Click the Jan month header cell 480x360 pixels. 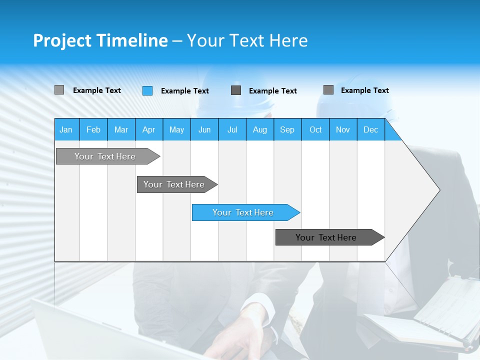pyautogui.click(x=66, y=129)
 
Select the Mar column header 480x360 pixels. pyautogui.click(x=121, y=129)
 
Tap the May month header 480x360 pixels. pyautogui.click(x=176, y=129)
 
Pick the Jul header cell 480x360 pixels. pyautogui.click(x=232, y=129)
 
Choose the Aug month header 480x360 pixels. pyautogui.click(x=259, y=129)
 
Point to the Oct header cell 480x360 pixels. pyautogui.click(x=315, y=129)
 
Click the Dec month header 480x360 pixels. pyautogui.click(x=370, y=129)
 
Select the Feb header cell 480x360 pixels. pyautogui.click(x=93, y=129)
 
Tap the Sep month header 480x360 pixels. pyautogui.click(x=287, y=129)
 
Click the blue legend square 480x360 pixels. pyautogui.click(x=147, y=90)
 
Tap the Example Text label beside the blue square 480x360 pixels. pyautogui.click(x=184, y=91)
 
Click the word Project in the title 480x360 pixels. pyautogui.click(x=62, y=40)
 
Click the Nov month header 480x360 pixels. pyautogui.click(x=342, y=129)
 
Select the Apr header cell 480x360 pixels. pyautogui.click(x=148, y=129)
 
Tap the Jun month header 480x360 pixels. pyautogui.click(x=204, y=129)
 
